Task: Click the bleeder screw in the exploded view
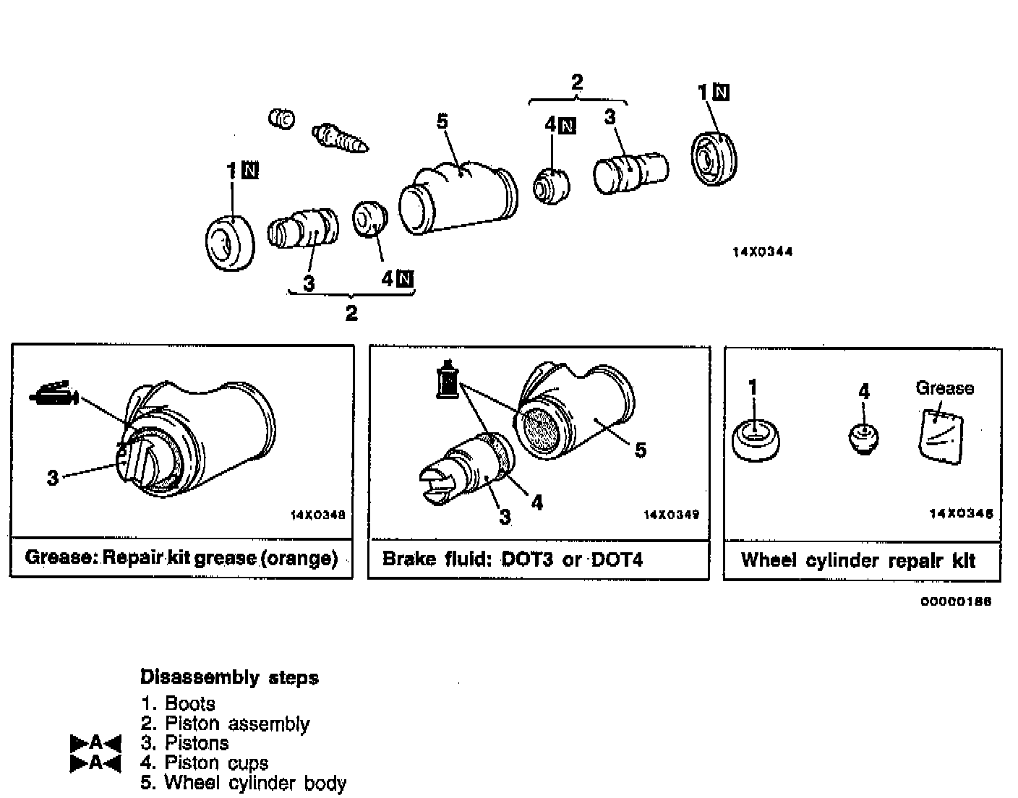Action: (340, 138)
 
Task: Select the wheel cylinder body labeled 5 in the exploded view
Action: (458, 199)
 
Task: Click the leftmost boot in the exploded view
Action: (229, 242)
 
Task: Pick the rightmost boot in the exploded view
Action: (714, 160)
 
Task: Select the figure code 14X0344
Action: (762, 252)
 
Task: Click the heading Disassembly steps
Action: (228, 678)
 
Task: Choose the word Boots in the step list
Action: (190, 703)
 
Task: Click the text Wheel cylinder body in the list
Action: (255, 783)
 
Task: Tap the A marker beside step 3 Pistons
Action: (96, 743)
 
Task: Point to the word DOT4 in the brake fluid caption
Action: (616, 559)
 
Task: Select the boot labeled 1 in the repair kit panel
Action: (756, 439)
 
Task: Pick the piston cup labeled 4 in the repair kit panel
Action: (863, 437)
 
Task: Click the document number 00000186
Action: (956, 601)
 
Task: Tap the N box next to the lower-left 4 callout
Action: (405, 278)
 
